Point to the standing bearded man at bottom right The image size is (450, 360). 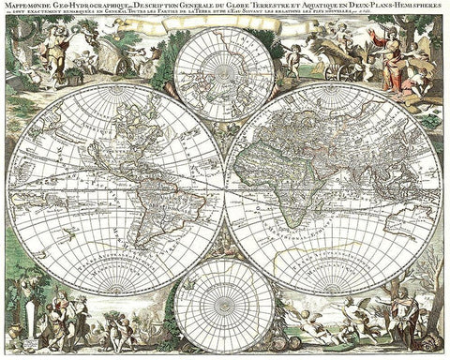pyautogui.click(x=401, y=314)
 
